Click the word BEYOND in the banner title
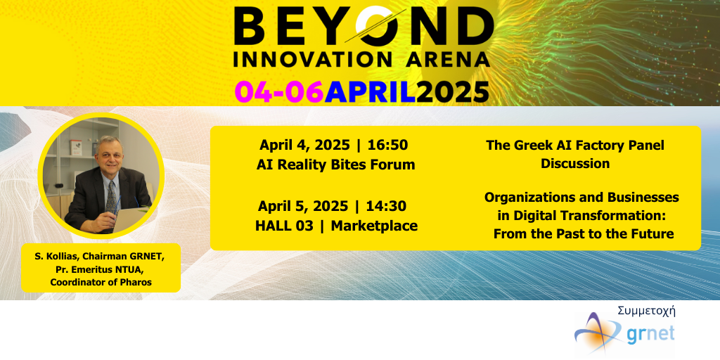click(364, 27)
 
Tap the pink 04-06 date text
click(279, 92)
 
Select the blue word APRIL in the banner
click(370, 92)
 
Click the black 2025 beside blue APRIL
click(453, 92)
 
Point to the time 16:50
click(387, 145)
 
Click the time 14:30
click(386, 207)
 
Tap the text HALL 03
click(284, 226)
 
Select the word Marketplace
click(374, 226)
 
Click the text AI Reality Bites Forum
click(335, 165)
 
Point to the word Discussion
click(575, 163)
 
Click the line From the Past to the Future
click(584, 234)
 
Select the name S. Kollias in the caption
click(58, 257)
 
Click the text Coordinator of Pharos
click(101, 283)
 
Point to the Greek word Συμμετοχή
click(647, 311)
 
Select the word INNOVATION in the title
click(313, 60)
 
